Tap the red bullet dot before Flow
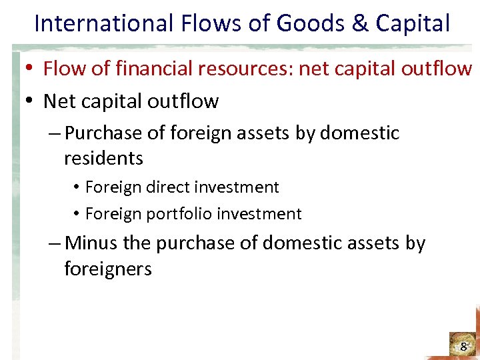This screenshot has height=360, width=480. (x=31, y=69)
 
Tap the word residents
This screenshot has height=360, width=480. (x=103, y=159)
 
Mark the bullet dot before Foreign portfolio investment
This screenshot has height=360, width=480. (x=77, y=215)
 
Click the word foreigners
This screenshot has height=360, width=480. (x=108, y=269)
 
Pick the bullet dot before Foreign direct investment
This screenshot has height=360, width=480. (x=77, y=188)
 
